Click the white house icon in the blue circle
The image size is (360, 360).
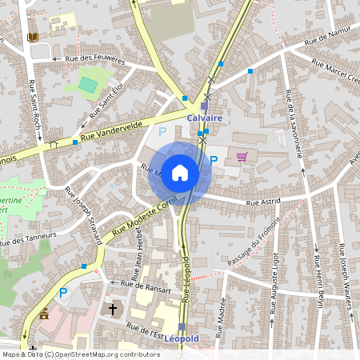(x=180, y=172)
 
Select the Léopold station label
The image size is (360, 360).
(x=182, y=338)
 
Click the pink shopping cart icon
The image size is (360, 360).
(x=242, y=157)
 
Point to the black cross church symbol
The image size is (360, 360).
(x=113, y=308)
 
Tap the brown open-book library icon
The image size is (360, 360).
(x=32, y=38)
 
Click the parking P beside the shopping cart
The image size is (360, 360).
(x=214, y=161)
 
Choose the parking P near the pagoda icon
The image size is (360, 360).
(x=62, y=294)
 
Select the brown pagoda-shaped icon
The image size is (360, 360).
(x=44, y=314)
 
